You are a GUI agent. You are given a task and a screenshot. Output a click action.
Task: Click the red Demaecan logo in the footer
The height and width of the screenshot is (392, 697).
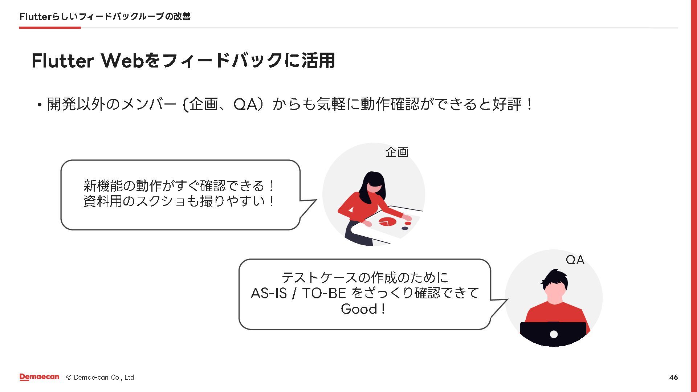pos(39,377)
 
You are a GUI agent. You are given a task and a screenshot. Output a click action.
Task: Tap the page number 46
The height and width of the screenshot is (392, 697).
pos(673,377)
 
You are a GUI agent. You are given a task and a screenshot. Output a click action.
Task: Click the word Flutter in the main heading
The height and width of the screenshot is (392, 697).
pos(62,61)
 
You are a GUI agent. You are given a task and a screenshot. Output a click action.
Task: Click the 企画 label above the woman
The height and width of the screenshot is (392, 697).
pos(397,152)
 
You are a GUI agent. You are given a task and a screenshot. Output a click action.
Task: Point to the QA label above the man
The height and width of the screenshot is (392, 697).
pos(575,260)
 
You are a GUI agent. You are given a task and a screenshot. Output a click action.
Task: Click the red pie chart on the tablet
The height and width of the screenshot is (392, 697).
pos(387,221)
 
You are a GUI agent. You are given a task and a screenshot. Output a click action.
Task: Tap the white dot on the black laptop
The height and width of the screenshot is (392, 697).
pos(554,334)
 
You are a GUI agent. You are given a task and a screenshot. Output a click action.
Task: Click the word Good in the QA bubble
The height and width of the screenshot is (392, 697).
pos(359,309)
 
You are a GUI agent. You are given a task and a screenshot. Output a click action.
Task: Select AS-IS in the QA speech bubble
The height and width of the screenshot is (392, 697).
pos(269,293)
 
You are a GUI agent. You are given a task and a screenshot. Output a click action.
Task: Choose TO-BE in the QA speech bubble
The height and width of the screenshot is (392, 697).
pos(324,293)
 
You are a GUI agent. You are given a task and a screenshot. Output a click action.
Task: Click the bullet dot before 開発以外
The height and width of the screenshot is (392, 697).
pos(39,105)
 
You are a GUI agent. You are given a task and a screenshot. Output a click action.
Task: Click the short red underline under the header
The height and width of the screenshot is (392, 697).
pos(50,28)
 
